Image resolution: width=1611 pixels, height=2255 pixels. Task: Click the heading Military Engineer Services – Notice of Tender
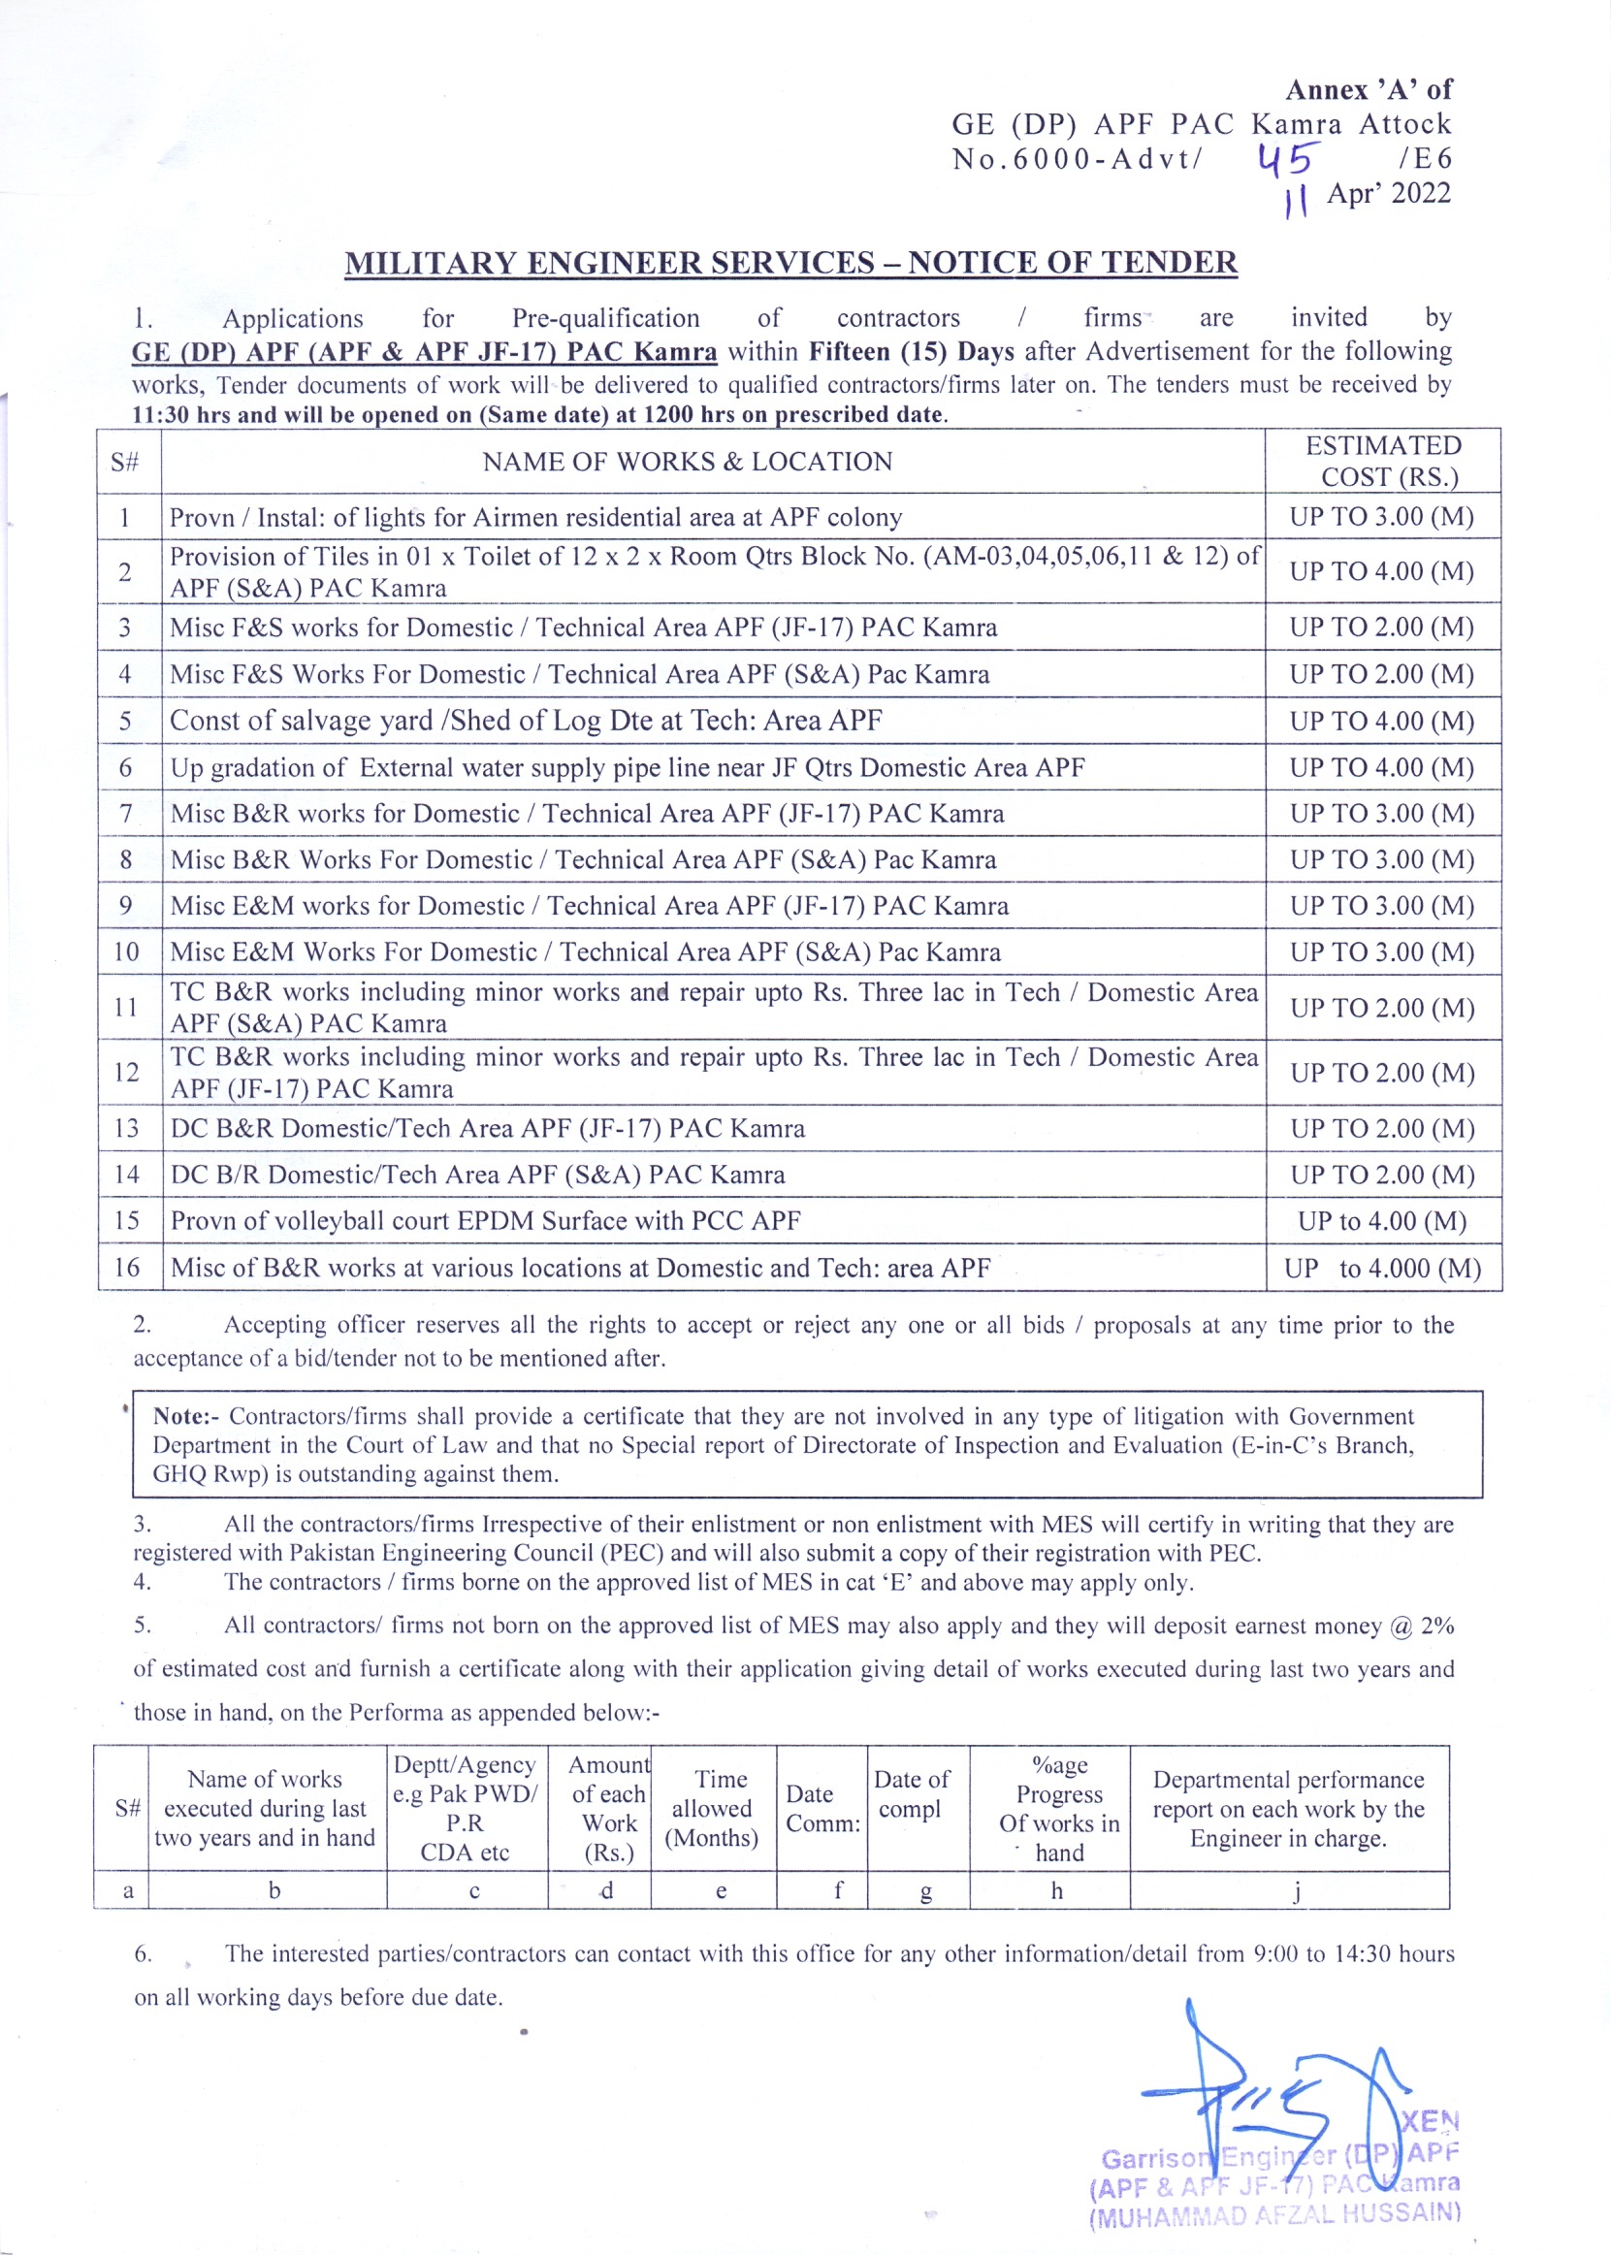(790, 263)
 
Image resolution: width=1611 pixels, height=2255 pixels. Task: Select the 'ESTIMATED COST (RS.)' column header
(1383, 461)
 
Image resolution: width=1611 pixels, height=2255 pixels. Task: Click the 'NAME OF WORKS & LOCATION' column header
(688, 462)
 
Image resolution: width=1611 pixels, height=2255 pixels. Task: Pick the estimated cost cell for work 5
(1382, 721)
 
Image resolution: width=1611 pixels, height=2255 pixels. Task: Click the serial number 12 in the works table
(127, 1073)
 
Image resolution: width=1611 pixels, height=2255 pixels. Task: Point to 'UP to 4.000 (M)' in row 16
(1382, 1268)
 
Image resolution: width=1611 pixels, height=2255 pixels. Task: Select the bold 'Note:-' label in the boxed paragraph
(187, 1416)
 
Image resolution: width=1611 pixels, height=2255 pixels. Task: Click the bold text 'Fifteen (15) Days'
(911, 351)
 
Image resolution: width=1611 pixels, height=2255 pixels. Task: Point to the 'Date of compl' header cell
(912, 1793)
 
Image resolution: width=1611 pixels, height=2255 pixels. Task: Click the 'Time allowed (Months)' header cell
(712, 1808)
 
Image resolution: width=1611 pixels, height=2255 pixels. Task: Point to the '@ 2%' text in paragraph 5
(1422, 1626)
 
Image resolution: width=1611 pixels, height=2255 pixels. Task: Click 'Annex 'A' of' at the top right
(1369, 90)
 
